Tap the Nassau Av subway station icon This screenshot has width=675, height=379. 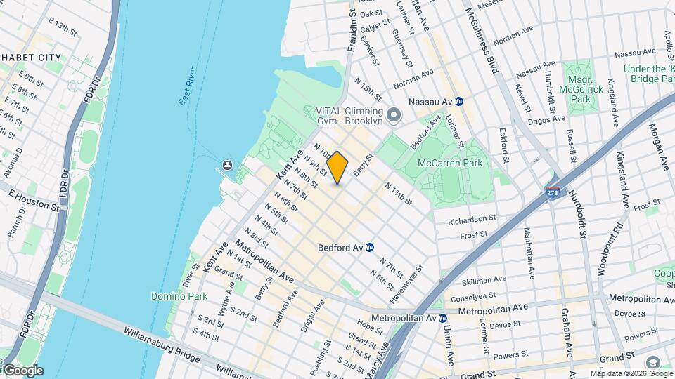[459, 101]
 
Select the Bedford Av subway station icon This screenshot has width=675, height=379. [370, 247]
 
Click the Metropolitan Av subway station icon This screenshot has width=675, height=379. [443, 318]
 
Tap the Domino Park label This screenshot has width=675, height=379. [179, 296]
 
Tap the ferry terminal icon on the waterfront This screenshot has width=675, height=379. [228, 166]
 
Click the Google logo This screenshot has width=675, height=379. [22, 371]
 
